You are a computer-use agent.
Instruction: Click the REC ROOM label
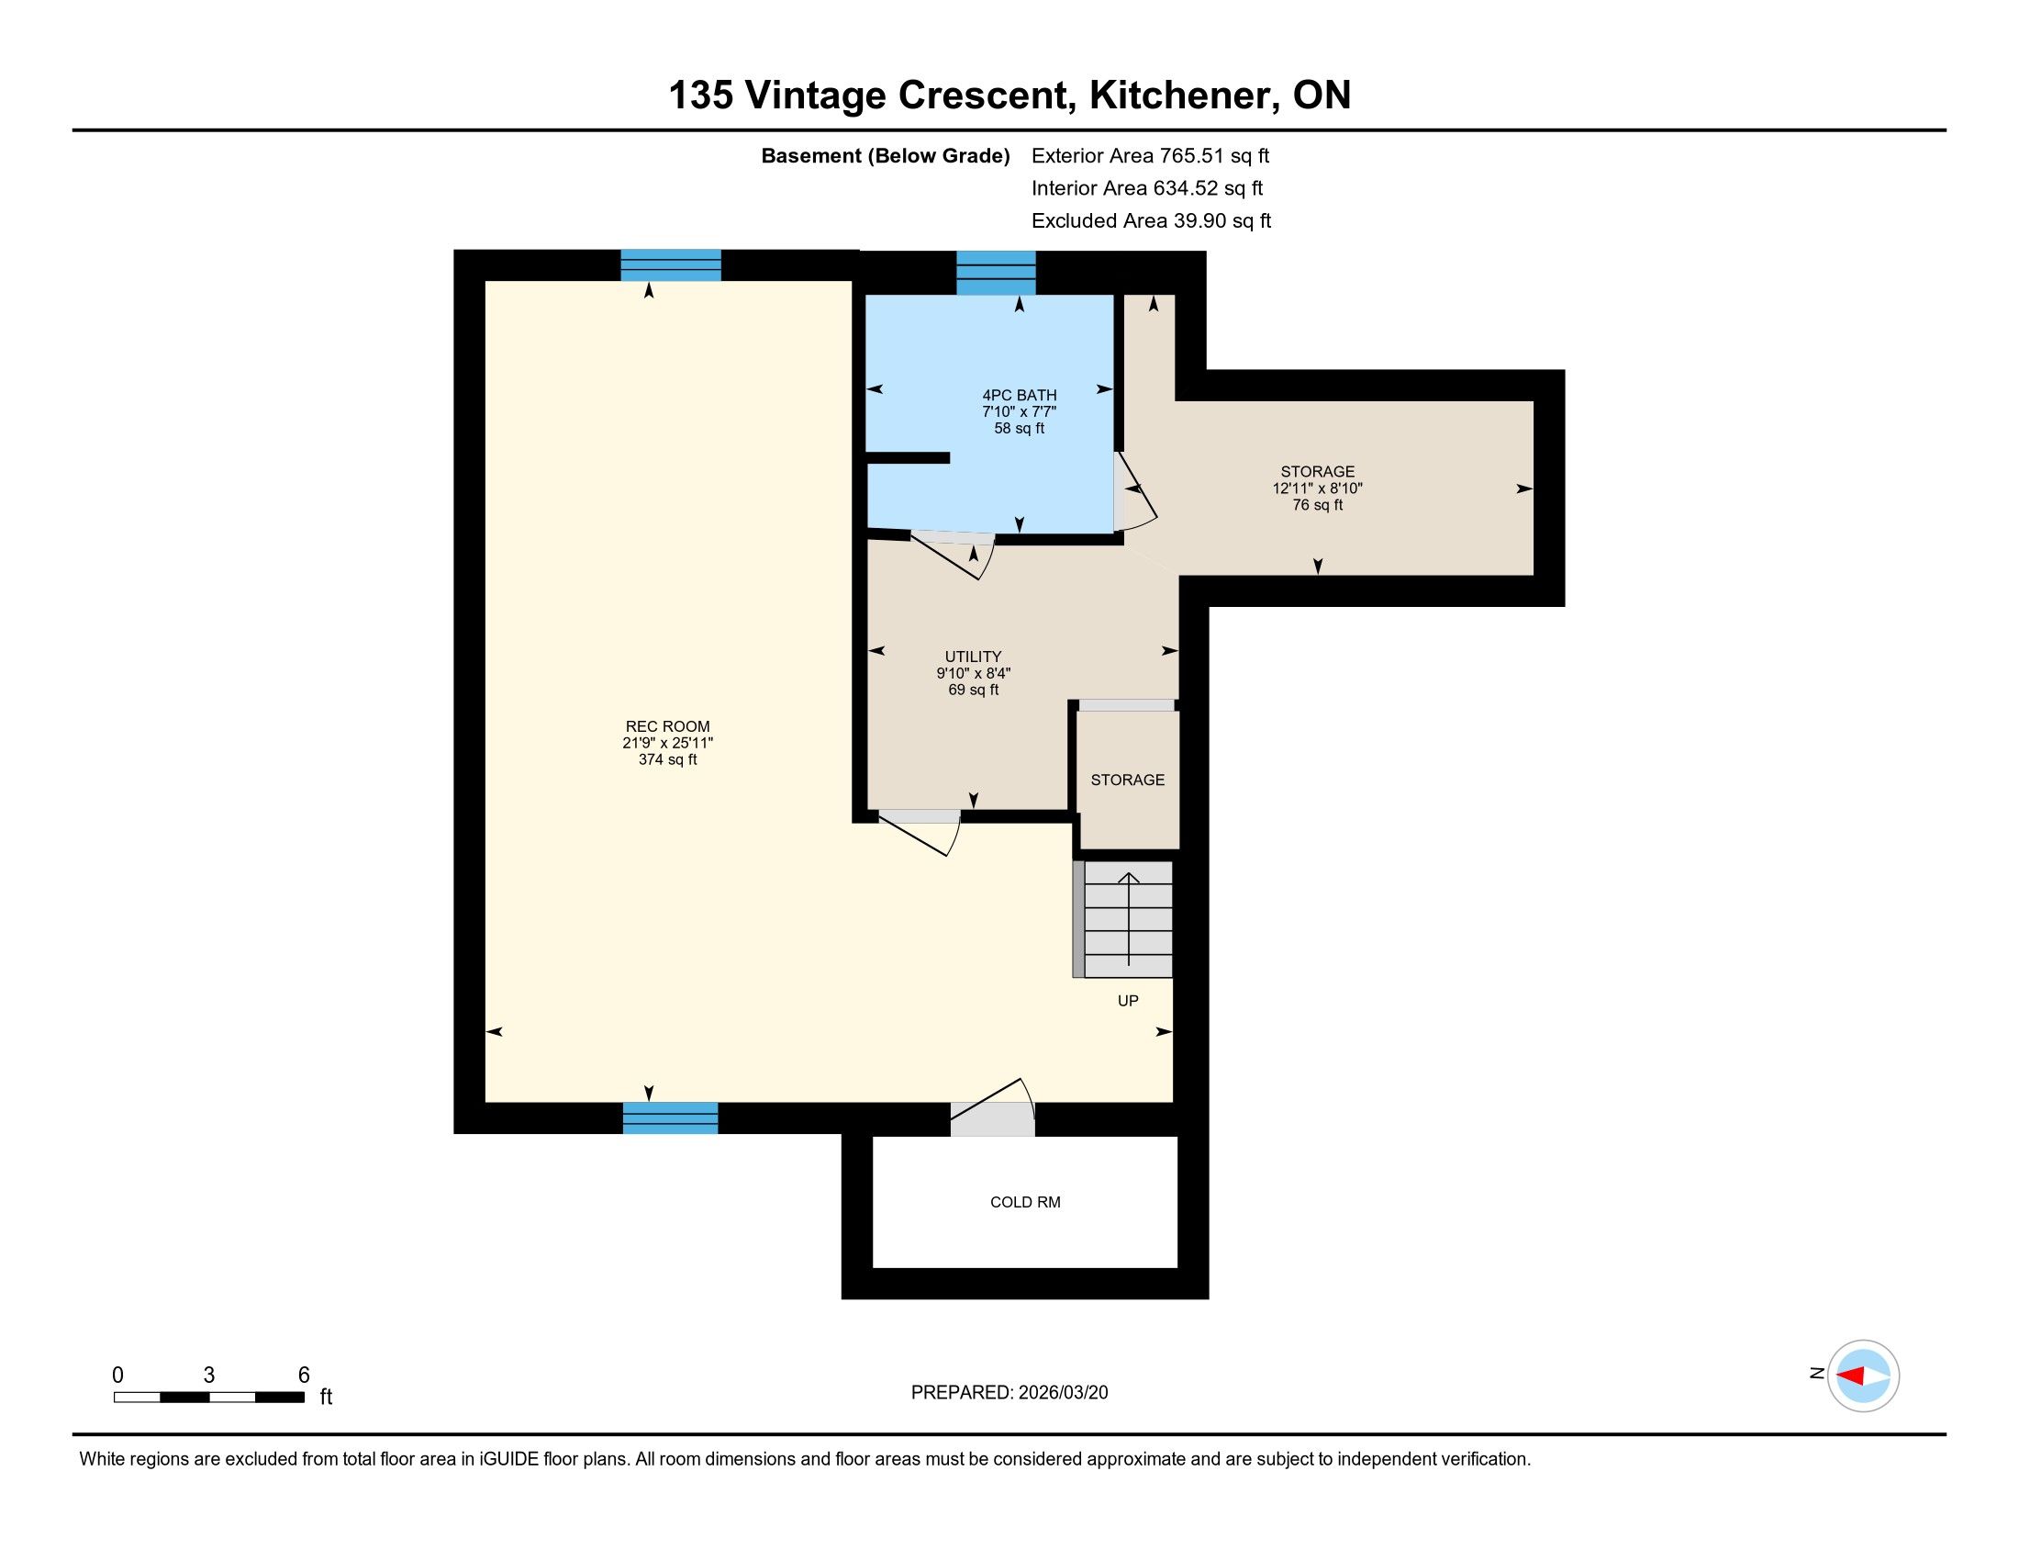pyautogui.click(x=667, y=727)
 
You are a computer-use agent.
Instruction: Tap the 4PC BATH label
pyautogui.click(x=1019, y=395)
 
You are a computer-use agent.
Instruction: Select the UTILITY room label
pyautogui.click(x=973, y=657)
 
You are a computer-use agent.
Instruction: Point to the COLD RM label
pyautogui.click(x=1025, y=1202)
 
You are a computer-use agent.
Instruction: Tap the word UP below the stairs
pyautogui.click(x=1128, y=1001)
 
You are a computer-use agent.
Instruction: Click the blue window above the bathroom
pyautogui.click(x=996, y=273)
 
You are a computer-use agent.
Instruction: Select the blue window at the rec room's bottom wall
pyautogui.click(x=670, y=1118)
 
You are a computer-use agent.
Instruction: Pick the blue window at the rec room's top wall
pyautogui.click(x=670, y=265)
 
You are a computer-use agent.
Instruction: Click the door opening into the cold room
pyautogui.click(x=993, y=1110)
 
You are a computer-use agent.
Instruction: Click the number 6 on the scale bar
pyautogui.click(x=303, y=1376)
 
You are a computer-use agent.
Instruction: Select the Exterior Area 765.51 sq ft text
pyautogui.click(x=1150, y=155)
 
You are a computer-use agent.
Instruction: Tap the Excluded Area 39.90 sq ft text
pyautogui.click(x=1151, y=220)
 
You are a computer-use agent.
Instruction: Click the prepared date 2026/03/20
pyautogui.click(x=1063, y=1393)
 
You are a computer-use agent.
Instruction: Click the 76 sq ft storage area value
pyautogui.click(x=1317, y=505)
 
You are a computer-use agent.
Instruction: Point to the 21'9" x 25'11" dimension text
pyautogui.click(x=667, y=743)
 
